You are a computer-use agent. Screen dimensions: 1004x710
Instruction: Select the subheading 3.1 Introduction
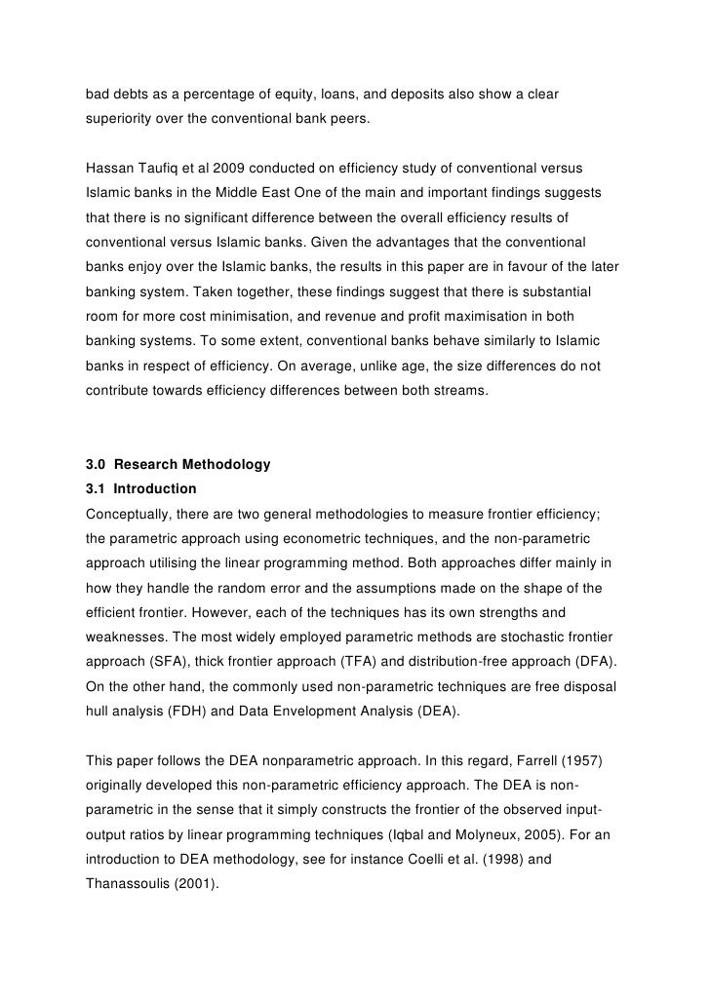pyautogui.click(x=141, y=488)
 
